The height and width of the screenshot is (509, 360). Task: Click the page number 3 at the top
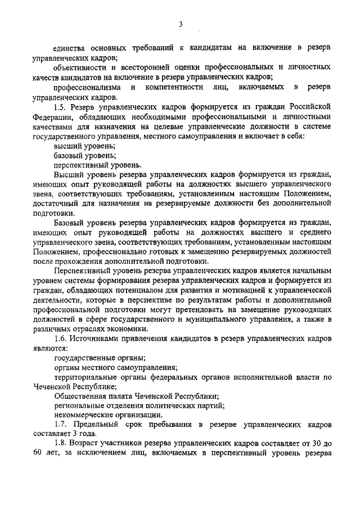[181, 24]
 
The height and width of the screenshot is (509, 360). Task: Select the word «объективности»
[78, 67]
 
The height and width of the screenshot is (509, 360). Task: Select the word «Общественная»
[80, 395]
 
